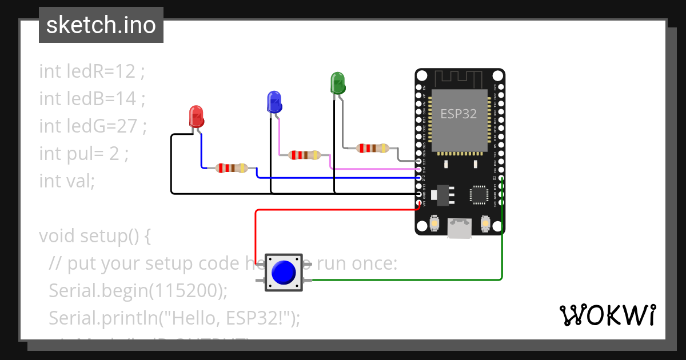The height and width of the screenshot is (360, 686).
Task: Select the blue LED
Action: pos(274,102)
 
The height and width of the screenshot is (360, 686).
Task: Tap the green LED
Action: pos(338,83)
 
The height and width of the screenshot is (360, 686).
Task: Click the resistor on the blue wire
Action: pos(232,168)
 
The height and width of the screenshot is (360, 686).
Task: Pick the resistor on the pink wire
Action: pos(305,155)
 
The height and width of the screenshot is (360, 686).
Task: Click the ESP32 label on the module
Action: pos(458,114)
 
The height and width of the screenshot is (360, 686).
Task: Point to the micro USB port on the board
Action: pos(460,229)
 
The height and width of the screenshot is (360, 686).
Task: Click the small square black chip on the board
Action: pos(478,195)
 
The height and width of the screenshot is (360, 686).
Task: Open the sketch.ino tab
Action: pos(101,25)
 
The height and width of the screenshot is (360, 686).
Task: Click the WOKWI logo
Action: pos(607,315)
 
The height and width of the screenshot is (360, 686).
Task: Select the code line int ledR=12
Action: pos(92,71)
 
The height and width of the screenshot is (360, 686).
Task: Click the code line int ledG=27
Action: pos(93,126)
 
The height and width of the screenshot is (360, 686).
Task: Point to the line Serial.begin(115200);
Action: pos(138,290)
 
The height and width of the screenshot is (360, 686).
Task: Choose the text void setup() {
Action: pos(95,235)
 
